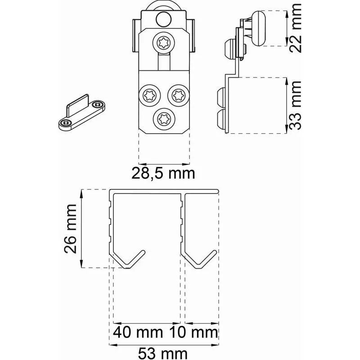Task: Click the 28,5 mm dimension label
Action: pyautogui.click(x=163, y=174)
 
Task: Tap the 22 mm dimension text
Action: pyautogui.click(x=295, y=28)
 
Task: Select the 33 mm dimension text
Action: pyautogui.click(x=295, y=106)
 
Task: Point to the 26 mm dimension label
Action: pyautogui.click(x=70, y=229)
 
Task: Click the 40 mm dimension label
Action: pyautogui.click(x=138, y=332)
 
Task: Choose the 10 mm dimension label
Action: pyautogui.click(x=193, y=332)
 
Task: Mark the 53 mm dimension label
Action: pyautogui.click(x=163, y=354)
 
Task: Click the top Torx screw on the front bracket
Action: pyautogui.click(x=164, y=43)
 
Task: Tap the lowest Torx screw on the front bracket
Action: pyautogui.click(x=164, y=119)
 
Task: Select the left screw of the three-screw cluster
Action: pyautogui.click(x=149, y=95)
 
